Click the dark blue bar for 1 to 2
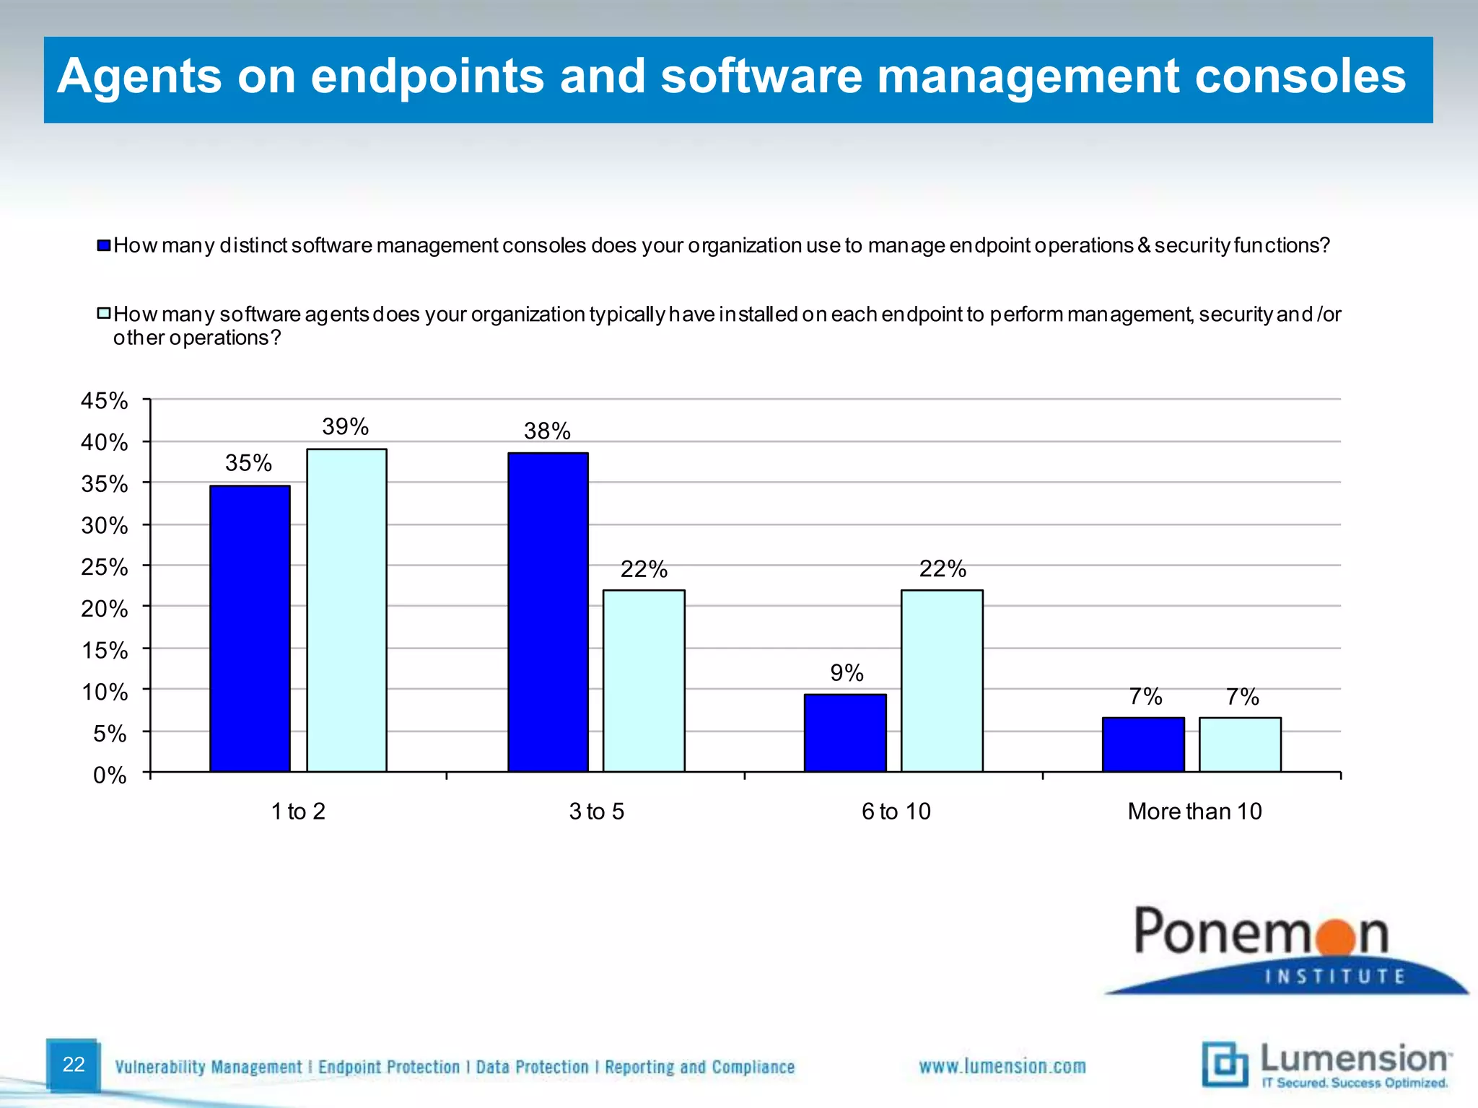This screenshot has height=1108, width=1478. click(x=250, y=628)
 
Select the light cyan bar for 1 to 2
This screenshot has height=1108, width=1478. click(x=346, y=610)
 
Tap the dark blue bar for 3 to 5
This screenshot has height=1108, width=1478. click(x=548, y=612)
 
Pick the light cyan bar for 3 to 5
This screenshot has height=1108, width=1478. click(x=644, y=681)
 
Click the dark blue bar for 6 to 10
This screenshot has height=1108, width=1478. click(x=845, y=733)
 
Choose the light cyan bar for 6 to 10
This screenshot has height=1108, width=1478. click(x=942, y=681)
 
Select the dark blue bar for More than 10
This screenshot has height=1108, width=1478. click(x=1143, y=744)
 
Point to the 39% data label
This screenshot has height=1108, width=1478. click(x=345, y=427)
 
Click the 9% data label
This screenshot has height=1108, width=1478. click(x=847, y=673)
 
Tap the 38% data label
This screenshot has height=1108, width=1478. click(x=547, y=431)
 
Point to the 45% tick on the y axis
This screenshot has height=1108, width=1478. click(x=104, y=401)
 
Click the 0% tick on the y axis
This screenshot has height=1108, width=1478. click(x=110, y=775)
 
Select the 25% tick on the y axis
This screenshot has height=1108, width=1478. click(x=104, y=568)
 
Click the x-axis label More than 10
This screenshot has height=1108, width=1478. click(x=1194, y=812)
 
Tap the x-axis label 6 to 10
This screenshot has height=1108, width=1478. click(x=896, y=812)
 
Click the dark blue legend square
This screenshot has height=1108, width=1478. click(x=104, y=246)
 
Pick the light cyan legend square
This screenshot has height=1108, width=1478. click(x=104, y=314)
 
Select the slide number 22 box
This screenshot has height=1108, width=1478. click(x=73, y=1065)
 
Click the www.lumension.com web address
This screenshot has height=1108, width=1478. click(x=1002, y=1066)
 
